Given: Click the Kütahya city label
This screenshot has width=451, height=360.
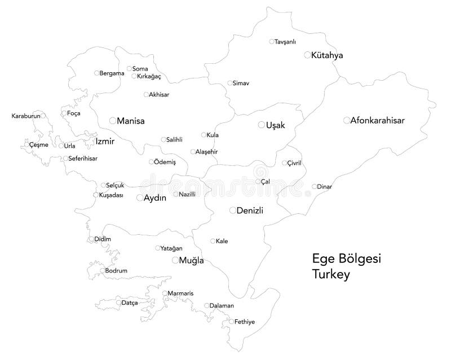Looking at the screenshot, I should (328, 55).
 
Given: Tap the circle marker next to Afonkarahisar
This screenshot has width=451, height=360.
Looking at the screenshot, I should (346, 120).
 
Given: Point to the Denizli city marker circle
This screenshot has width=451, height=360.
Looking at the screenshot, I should (232, 210).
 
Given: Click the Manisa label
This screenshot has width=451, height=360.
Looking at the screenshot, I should (131, 121).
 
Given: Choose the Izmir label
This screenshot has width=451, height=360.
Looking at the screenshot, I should (105, 141).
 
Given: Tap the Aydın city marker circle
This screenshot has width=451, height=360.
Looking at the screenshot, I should (140, 198).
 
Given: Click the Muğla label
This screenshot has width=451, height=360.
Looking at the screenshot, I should (191, 261).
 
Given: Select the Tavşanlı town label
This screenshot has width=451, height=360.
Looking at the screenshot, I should (285, 42).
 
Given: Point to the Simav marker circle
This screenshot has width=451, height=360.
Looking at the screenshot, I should (230, 83).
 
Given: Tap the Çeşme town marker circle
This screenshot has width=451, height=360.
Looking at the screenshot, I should (30, 145).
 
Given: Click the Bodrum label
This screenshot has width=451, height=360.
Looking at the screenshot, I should (116, 271).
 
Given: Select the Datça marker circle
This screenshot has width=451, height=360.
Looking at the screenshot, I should (119, 303).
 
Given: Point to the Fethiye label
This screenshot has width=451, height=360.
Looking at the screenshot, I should (245, 322).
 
